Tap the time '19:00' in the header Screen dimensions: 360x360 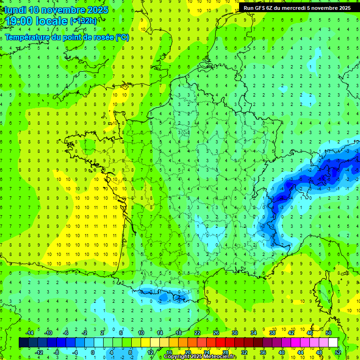pyautogui.click(x=19, y=21)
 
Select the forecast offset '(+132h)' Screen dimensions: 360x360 pyautogui.click(x=83, y=21)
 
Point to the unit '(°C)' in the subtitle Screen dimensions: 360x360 pyautogui.click(x=122, y=37)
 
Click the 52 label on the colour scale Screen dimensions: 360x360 pyautogui.click(x=338, y=352)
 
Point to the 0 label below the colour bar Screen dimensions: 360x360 pyautogui.click(x=93, y=352)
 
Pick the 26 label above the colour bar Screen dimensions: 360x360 pyautogui.click(x=216, y=333)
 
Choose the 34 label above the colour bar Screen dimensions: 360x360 pyautogui.click(x=253, y=333)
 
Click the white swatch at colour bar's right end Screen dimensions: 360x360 pyautogui.click(x=333, y=343)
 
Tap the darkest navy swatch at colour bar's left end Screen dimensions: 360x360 pyautogui.click(x=23, y=343)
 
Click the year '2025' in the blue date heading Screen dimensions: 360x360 pyautogui.click(x=97, y=10)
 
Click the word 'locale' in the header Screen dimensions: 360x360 pyautogui.click(x=51, y=21)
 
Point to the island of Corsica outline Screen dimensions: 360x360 pyautogui.click(x=322, y=293)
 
